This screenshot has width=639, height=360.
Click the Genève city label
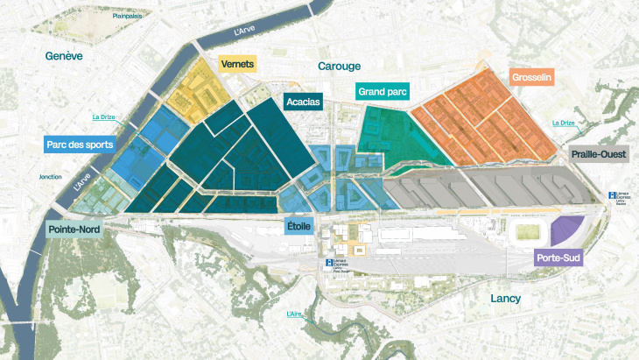pos(65,55)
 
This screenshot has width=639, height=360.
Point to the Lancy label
pos(505,299)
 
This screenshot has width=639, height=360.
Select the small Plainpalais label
pos(129,16)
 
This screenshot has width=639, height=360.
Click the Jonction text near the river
pos(50,176)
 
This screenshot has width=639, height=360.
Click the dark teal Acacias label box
pos(304,102)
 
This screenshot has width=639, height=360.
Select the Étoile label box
pos(298,227)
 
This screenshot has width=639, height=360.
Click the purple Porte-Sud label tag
pos(558,258)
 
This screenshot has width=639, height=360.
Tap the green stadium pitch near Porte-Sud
pos(528,233)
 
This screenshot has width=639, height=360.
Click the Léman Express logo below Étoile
pos(329,262)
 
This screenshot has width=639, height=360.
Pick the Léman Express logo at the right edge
pos(612,196)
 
